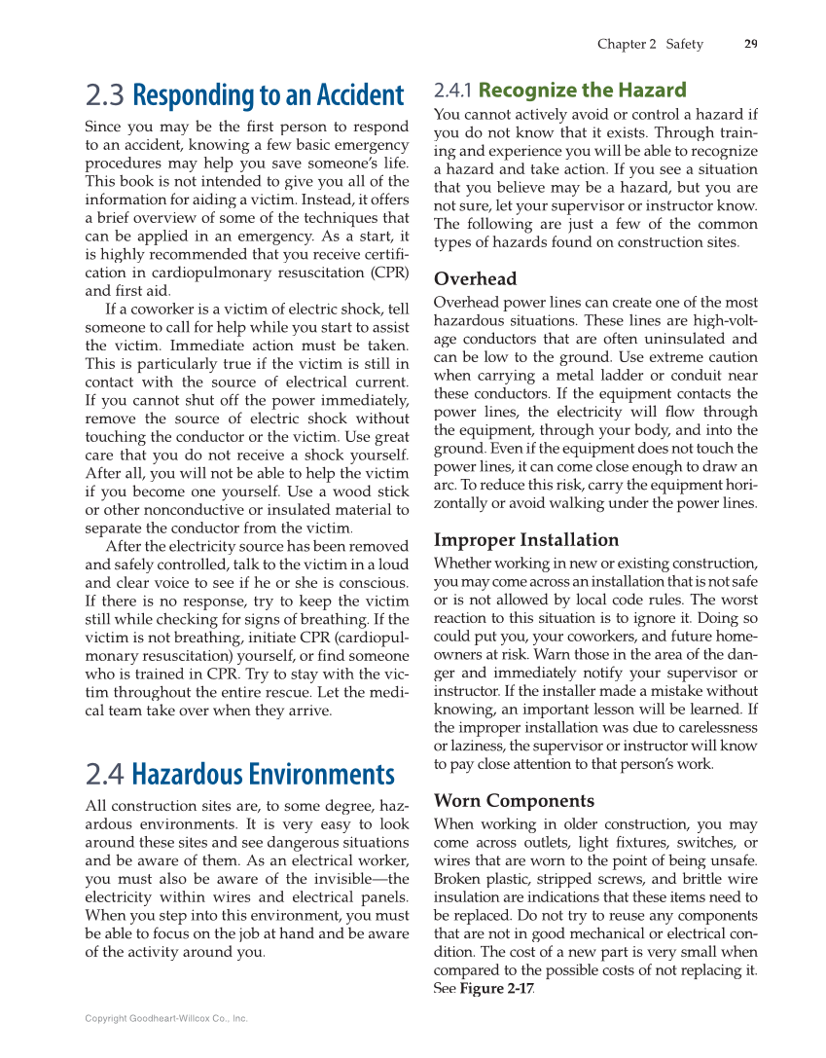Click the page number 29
pos(750,44)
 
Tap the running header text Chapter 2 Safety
pos(649,44)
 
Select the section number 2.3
pos(104,95)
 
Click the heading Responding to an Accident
pos(268,95)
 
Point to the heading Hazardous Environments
pos(263,775)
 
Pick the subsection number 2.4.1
pos(452,91)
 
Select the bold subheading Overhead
pos(475,278)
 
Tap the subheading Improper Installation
pos(525,539)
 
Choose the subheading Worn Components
pos(514,801)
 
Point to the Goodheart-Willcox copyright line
pos(166,1018)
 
